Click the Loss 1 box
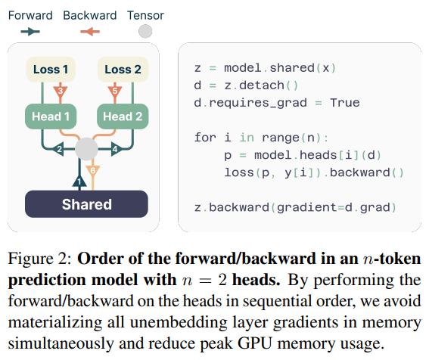click(x=50, y=70)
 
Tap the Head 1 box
click(x=50, y=116)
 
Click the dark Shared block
click(x=86, y=204)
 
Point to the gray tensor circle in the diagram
click(x=86, y=150)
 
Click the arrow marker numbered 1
click(x=79, y=182)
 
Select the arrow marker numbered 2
click(x=59, y=150)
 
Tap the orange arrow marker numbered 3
click(x=60, y=92)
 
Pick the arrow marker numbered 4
click(x=115, y=150)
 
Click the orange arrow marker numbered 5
click(x=114, y=92)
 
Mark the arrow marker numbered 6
click(x=94, y=172)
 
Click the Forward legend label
click(x=30, y=14)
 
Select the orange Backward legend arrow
click(x=89, y=31)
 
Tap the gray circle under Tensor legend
click(x=145, y=31)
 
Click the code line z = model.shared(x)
click(x=265, y=67)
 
